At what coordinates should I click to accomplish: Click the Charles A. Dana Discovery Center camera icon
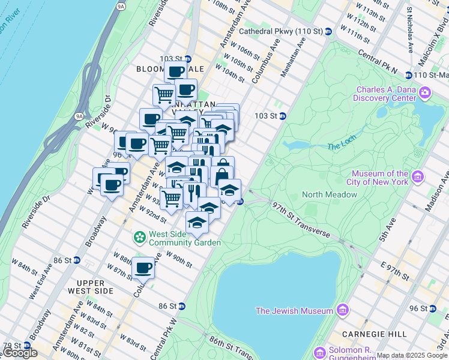click(x=425, y=92)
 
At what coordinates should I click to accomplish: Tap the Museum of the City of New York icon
click(x=418, y=178)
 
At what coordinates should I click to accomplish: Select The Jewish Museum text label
click(x=294, y=311)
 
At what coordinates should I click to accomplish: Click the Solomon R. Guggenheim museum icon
click(x=319, y=351)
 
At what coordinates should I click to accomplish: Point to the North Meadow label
click(x=329, y=194)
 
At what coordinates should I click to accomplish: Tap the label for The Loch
click(x=342, y=146)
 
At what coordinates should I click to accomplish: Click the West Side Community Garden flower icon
click(x=140, y=238)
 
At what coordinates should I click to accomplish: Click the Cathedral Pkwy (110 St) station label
click(x=282, y=31)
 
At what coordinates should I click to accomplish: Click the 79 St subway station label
click(x=11, y=346)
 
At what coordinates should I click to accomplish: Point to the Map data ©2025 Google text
click(x=412, y=355)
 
